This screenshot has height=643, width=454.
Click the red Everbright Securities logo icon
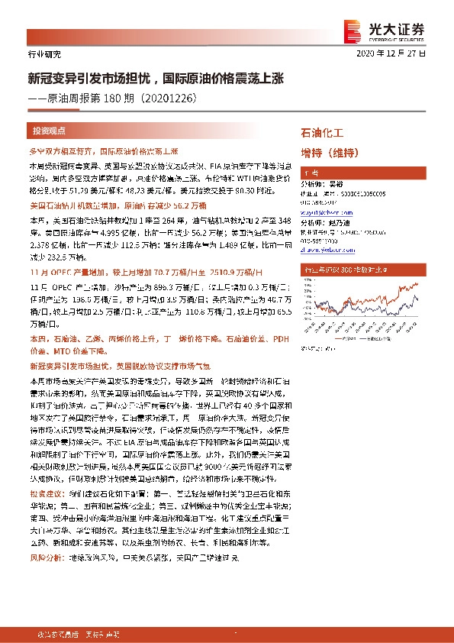(353, 29)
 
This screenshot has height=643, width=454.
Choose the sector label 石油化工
(323, 133)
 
